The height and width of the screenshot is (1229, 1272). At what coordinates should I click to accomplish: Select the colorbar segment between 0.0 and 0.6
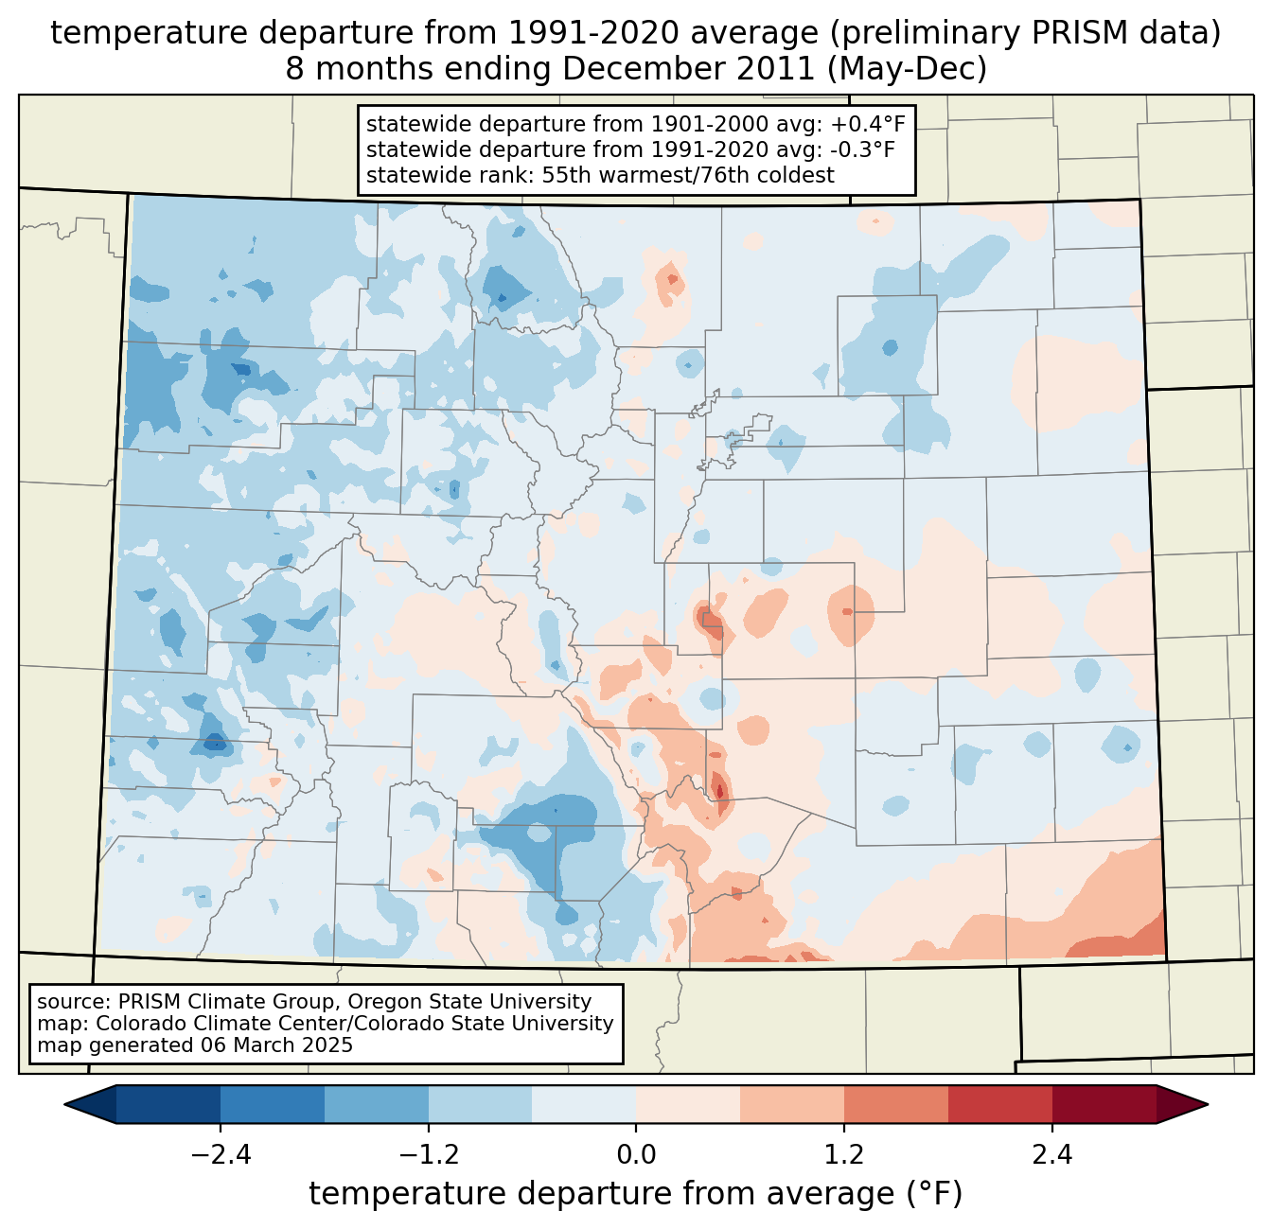point(688,1104)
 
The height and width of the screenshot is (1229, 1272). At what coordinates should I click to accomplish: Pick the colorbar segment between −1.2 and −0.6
point(480,1104)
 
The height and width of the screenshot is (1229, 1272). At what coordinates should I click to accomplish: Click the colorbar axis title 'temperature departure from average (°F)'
point(636,1194)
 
